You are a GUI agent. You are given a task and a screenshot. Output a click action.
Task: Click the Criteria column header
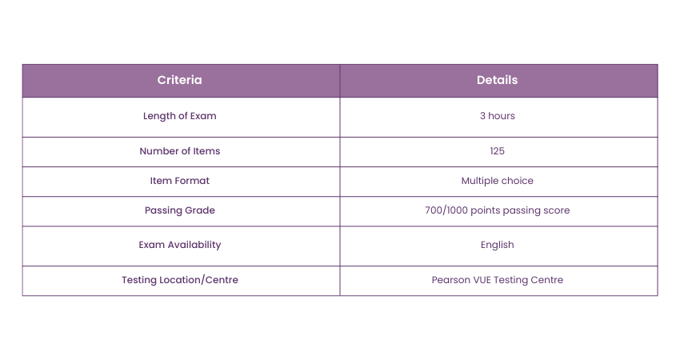coord(179,80)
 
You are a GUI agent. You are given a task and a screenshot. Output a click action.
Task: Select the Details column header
coord(497,80)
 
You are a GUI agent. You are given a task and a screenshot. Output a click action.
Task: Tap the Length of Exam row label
coord(179,116)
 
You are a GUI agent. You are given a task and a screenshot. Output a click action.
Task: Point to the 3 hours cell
coord(497,116)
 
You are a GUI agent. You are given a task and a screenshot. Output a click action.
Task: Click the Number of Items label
coord(179,151)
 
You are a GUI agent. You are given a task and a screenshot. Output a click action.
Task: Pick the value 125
coord(497,151)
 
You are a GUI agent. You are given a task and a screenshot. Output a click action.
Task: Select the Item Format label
coord(179,181)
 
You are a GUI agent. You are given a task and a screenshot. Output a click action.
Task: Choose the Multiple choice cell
coord(497,181)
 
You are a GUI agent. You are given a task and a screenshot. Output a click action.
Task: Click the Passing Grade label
coord(179,210)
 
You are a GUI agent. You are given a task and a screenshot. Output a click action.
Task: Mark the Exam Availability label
coord(179,245)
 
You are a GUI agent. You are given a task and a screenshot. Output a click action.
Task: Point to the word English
coord(497,245)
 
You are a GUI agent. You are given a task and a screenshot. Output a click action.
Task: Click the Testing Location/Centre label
coord(179,280)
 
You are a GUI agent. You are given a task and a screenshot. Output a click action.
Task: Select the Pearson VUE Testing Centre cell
coord(497,280)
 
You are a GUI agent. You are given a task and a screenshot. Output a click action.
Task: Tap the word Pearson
coord(450,280)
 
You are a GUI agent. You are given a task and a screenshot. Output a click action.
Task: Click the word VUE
coord(485,280)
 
